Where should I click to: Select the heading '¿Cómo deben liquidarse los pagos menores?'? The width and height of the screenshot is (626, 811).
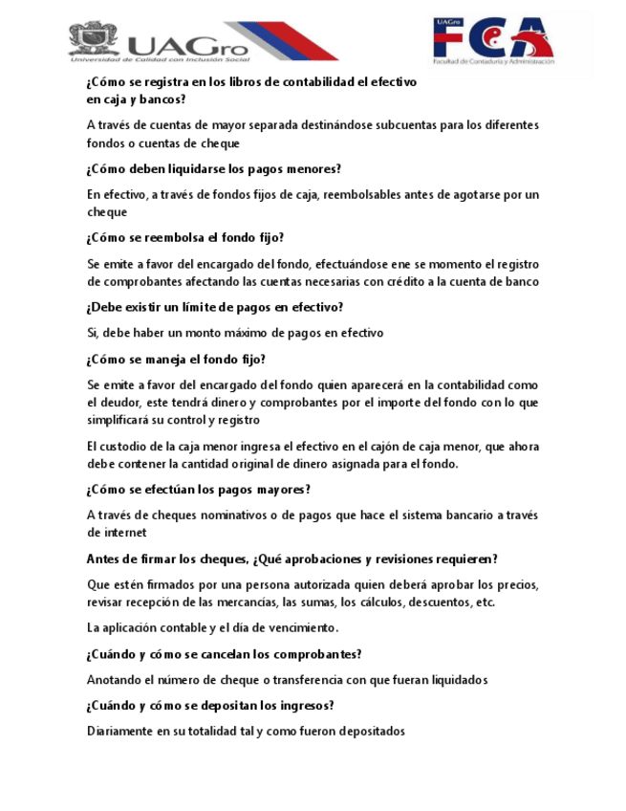click(213, 169)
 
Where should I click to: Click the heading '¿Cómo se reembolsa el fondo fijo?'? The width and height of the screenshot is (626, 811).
click(185, 237)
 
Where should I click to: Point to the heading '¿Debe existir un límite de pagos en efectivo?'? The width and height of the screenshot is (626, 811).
click(214, 307)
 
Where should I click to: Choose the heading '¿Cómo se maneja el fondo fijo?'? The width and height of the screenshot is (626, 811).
click(175, 360)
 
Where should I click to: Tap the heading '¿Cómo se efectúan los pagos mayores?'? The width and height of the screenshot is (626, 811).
click(198, 489)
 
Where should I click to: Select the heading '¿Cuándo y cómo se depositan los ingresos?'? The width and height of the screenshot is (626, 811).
click(210, 706)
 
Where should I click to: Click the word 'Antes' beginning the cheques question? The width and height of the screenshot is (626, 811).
click(105, 559)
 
